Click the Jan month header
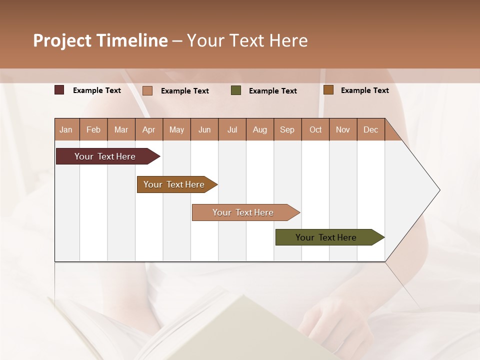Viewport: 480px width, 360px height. [66, 129]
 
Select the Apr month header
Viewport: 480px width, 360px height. [148, 129]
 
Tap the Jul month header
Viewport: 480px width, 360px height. [232, 129]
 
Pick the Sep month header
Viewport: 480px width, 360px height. [287, 129]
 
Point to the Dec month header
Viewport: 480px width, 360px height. [370, 129]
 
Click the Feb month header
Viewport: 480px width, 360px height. [93, 129]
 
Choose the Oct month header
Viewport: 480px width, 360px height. [315, 129]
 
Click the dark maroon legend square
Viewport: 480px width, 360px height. [59, 90]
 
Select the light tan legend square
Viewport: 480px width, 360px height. [147, 90]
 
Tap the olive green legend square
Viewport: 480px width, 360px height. [236, 90]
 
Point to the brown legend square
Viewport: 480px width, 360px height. [328, 90]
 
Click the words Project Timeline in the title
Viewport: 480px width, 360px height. [100, 40]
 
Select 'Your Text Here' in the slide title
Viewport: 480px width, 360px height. [247, 40]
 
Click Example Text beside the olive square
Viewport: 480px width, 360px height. [272, 90]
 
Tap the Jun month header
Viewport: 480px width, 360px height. [204, 129]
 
